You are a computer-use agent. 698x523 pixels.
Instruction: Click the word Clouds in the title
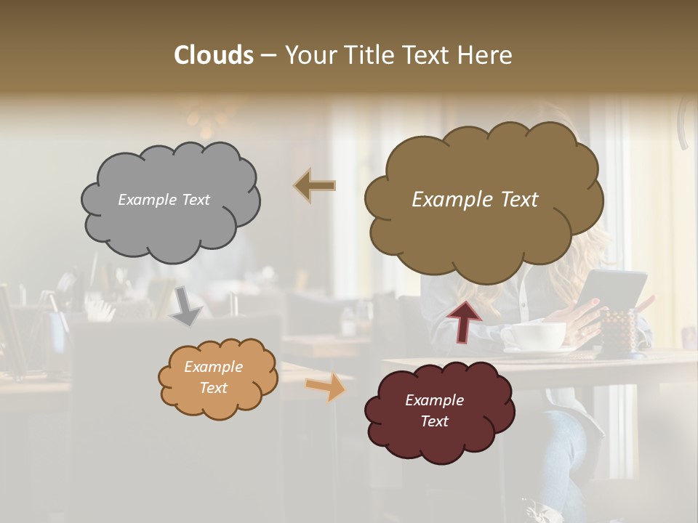coord(214,55)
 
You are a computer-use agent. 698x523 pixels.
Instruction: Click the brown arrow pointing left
coord(315,186)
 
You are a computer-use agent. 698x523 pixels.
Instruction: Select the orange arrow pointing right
coord(326,386)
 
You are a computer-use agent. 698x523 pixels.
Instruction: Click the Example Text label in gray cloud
coord(164,200)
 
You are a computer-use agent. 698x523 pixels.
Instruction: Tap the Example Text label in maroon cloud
coord(434,410)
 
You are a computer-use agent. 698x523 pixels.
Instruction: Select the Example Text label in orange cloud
coord(213,377)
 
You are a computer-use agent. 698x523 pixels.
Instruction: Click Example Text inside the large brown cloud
coord(475,200)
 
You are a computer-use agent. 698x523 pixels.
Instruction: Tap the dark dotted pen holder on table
coord(619,331)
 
